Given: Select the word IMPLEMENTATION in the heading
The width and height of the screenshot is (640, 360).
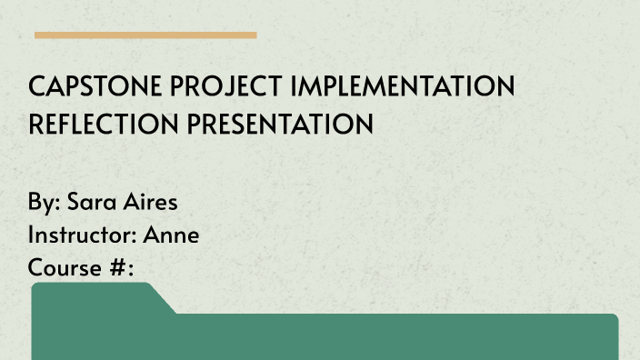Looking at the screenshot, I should (x=403, y=87).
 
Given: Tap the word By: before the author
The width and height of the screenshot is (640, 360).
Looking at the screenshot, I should (x=43, y=201).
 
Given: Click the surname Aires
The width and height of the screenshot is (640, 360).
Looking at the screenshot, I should (x=151, y=201).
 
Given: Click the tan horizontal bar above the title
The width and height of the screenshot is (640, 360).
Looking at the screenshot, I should (x=145, y=35).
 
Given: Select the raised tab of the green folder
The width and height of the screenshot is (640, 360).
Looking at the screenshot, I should (x=91, y=296).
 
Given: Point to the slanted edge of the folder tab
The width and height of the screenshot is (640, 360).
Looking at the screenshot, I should (x=164, y=299).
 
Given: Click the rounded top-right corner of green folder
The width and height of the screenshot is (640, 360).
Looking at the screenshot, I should (x=614, y=318).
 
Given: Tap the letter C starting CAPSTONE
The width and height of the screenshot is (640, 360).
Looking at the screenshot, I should (x=36, y=87).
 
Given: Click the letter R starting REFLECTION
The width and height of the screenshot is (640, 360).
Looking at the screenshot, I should (x=36, y=124).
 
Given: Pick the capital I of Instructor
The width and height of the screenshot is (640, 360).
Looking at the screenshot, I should (x=32, y=235).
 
